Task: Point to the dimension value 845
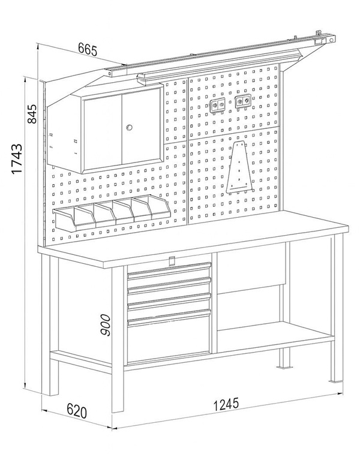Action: [33, 114]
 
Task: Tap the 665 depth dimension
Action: [88, 50]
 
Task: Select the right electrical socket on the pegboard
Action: [242, 101]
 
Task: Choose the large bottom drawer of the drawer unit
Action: [169, 339]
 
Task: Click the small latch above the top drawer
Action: [172, 260]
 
